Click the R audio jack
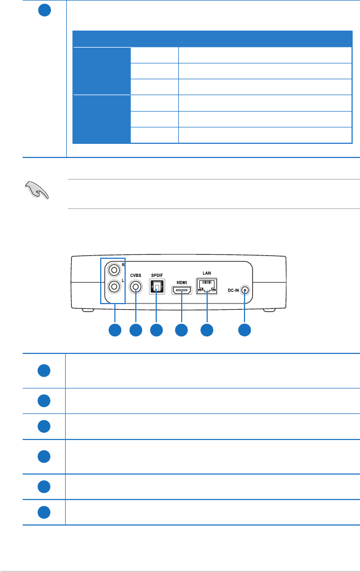[115, 270]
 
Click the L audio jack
[115, 287]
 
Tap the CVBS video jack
[136, 287]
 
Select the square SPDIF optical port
[156, 288]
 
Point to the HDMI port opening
[182, 291]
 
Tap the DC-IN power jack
[245, 291]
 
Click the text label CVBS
[136, 275]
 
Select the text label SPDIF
[156, 275]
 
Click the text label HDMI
[182, 281]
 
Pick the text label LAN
[207, 272]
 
